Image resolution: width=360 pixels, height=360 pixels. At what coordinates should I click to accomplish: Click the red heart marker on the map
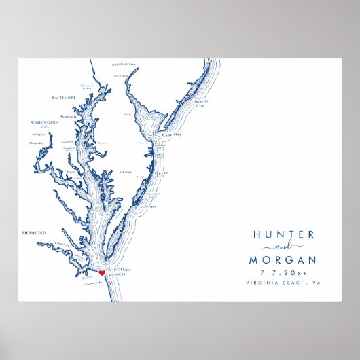coord(102,273)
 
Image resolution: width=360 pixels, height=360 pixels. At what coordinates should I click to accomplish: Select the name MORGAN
coord(284,260)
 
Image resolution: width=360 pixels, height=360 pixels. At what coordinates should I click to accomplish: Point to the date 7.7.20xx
coord(284,273)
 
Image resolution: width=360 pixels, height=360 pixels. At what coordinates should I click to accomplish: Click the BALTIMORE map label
coord(64,98)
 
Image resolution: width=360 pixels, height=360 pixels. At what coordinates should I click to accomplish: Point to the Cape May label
coord(171,134)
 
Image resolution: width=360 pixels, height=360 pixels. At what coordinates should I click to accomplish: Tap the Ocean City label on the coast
coord(160,173)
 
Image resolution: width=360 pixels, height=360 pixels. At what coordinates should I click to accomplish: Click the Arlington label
coord(39,134)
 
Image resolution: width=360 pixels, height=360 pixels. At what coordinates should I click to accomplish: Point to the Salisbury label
coord(125,171)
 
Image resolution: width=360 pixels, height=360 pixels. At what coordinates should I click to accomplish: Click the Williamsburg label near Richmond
coord(62,242)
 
